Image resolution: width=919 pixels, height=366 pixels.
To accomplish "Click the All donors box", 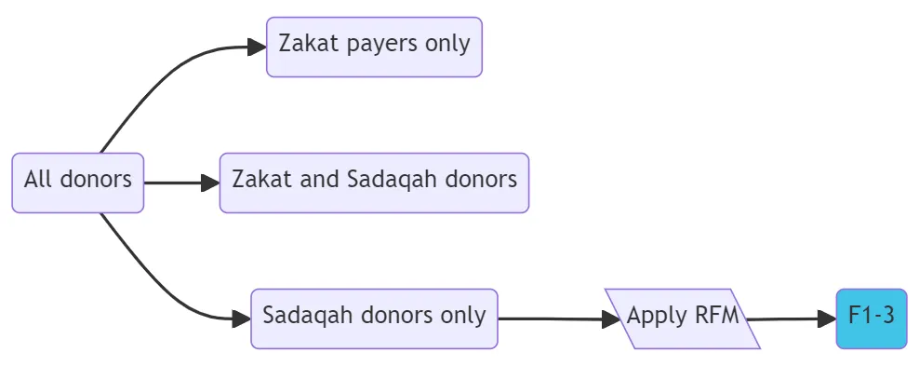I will point(78,183).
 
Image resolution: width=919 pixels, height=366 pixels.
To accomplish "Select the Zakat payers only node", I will point(374,47).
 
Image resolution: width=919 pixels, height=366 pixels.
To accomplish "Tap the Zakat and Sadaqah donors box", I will point(374,183).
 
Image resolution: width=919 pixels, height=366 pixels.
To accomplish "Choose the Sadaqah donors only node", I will point(374,319).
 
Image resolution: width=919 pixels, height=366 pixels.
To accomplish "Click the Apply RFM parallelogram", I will point(683,319).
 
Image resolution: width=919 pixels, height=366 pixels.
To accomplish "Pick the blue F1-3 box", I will point(871,319).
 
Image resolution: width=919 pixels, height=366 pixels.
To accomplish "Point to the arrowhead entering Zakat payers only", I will point(258,47).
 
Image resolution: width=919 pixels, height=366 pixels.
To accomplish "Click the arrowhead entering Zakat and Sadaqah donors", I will point(210,183).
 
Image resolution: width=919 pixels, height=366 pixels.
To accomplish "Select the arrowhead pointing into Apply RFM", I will point(611,319).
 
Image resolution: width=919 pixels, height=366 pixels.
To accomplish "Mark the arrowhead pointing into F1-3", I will point(827,319).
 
